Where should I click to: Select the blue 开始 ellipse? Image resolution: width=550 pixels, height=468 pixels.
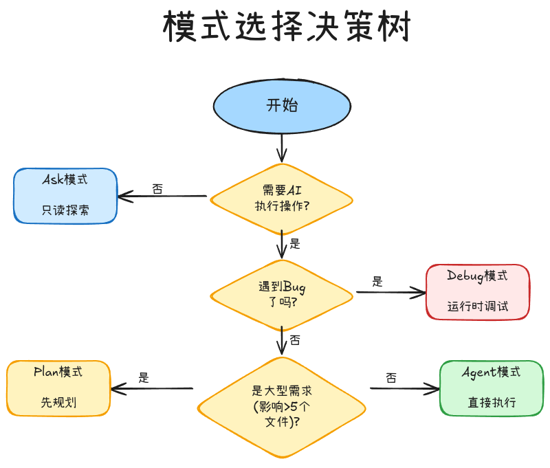point(282,105)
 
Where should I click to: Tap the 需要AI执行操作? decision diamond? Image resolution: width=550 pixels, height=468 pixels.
point(282,199)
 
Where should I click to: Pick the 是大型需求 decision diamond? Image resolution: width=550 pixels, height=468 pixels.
point(282,406)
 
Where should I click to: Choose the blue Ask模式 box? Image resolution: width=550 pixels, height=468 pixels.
point(65,195)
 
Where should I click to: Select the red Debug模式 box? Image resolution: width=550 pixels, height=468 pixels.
point(478,291)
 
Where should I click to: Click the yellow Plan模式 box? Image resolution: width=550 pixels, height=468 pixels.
point(58,388)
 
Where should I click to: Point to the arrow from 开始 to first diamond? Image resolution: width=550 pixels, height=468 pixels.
point(282,146)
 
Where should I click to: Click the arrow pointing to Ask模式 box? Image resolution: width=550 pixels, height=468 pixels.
point(162,197)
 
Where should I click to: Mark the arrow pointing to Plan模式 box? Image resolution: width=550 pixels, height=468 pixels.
point(151,389)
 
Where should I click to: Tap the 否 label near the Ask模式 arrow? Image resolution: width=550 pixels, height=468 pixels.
point(157,189)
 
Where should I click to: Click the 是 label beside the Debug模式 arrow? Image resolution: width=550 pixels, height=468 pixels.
point(377,281)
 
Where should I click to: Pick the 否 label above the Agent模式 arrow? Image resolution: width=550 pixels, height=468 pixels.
point(391,377)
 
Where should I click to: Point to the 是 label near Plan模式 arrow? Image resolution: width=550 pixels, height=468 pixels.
point(144,377)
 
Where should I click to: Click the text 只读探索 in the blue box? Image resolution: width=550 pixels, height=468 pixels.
point(65,210)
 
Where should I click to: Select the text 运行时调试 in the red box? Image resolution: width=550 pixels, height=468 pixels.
point(478,307)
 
